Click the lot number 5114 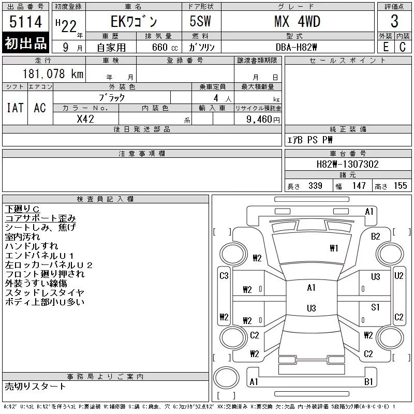click(25, 21)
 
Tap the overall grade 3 click(394, 21)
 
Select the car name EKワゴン click(134, 22)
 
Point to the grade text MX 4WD click(297, 21)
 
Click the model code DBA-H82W click(296, 48)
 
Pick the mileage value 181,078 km click(53, 73)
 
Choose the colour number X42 click(85, 119)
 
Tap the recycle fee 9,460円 click(263, 120)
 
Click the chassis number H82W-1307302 click(347, 164)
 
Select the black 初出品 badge click(25, 43)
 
